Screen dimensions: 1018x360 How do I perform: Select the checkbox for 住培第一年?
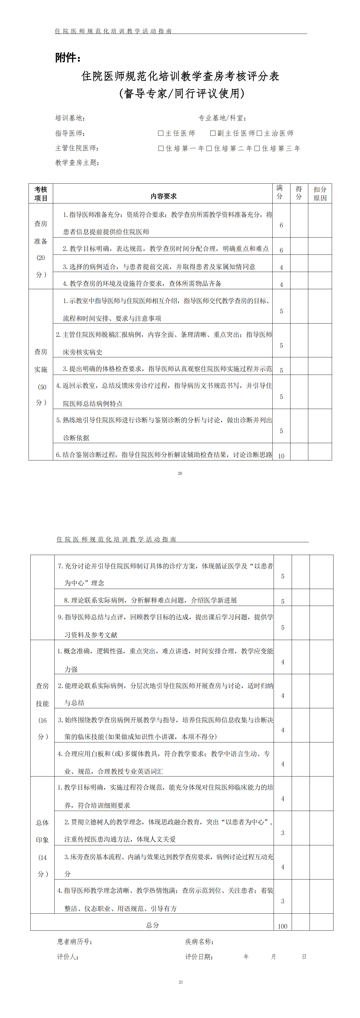click(x=161, y=149)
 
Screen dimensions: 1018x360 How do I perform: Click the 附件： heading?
click(x=68, y=58)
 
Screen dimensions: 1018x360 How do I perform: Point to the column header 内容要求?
click(x=163, y=196)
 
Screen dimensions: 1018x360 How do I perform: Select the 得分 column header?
click(x=299, y=193)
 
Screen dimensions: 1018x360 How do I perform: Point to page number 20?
click(x=180, y=473)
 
